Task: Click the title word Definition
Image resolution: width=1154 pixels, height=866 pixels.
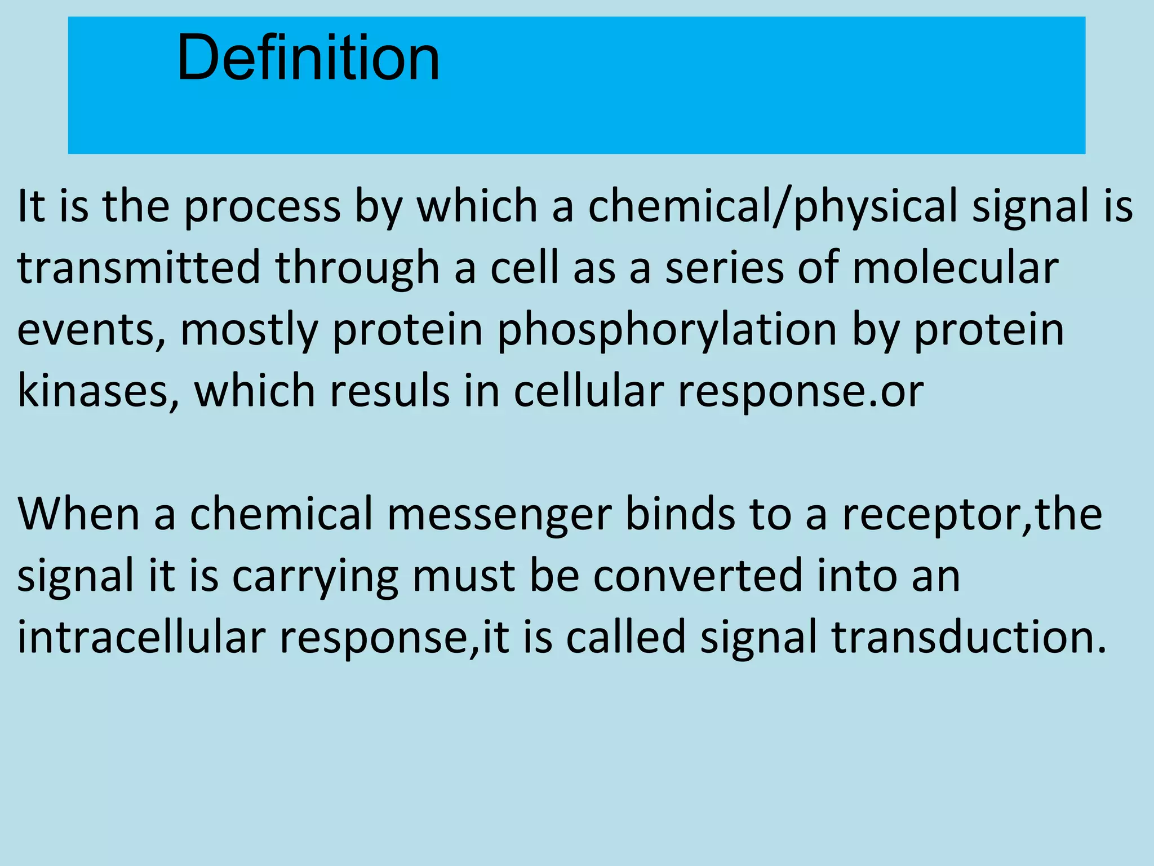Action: [308, 58]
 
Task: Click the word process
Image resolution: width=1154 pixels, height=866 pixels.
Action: [263, 206]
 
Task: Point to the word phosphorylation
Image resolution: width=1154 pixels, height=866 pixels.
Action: [667, 330]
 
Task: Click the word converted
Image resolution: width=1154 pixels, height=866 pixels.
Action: [698, 576]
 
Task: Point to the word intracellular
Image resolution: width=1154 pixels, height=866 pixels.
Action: [141, 637]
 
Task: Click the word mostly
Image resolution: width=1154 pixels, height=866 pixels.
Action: [249, 330]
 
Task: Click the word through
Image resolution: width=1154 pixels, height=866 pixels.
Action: [357, 268]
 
